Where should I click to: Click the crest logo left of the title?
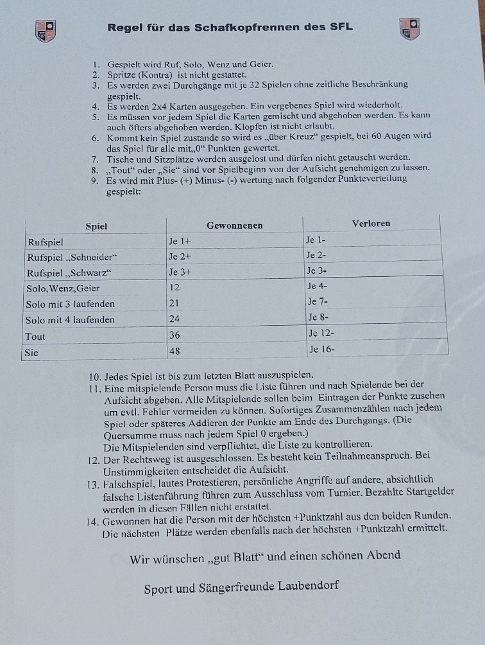[45, 30]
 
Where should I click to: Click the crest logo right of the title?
[410, 28]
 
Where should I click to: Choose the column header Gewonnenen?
[234, 225]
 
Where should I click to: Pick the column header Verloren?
[371, 224]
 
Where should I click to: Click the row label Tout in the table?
[35, 336]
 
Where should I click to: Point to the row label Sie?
[32, 352]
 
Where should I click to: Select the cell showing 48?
[174, 351]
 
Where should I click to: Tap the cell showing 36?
[174, 335]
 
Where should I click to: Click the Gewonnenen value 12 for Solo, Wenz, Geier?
[174, 288]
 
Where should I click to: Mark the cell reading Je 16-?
[322, 349]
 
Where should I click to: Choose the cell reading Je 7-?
[318, 301]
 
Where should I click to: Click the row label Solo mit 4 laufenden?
[71, 319]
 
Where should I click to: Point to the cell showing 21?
[174, 303]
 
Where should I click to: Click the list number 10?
[94, 375]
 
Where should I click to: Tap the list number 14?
[92, 517]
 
